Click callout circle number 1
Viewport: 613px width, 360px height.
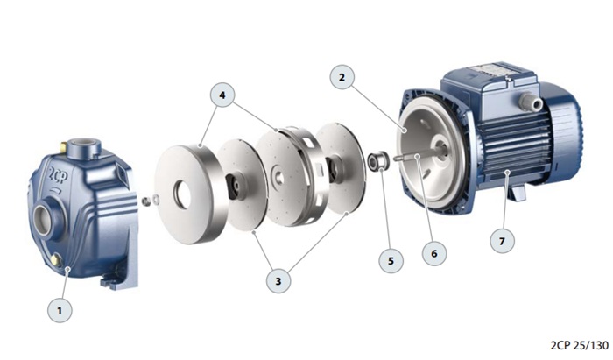[x=60, y=310]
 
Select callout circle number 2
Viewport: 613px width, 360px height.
[x=342, y=77]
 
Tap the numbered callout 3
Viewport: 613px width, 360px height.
[x=278, y=280]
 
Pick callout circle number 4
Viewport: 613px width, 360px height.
[x=222, y=95]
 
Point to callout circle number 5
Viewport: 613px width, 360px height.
[x=391, y=261]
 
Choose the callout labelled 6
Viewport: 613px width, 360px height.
[x=434, y=253]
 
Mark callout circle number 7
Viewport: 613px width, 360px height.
[x=503, y=241]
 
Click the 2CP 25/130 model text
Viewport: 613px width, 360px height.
[x=580, y=345]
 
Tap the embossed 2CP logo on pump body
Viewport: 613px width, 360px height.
[x=58, y=175]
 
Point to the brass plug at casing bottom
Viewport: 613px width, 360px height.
[x=56, y=258]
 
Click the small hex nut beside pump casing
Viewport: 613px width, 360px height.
[x=146, y=201]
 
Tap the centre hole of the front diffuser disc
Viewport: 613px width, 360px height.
[x=182, y=194]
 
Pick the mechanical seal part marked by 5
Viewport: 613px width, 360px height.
[x=377, y=161]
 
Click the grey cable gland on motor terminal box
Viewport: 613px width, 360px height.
[x=529, y=102]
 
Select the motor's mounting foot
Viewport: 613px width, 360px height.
[x=517, y=193]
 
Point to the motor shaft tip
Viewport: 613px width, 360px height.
[x=397, y=159]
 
